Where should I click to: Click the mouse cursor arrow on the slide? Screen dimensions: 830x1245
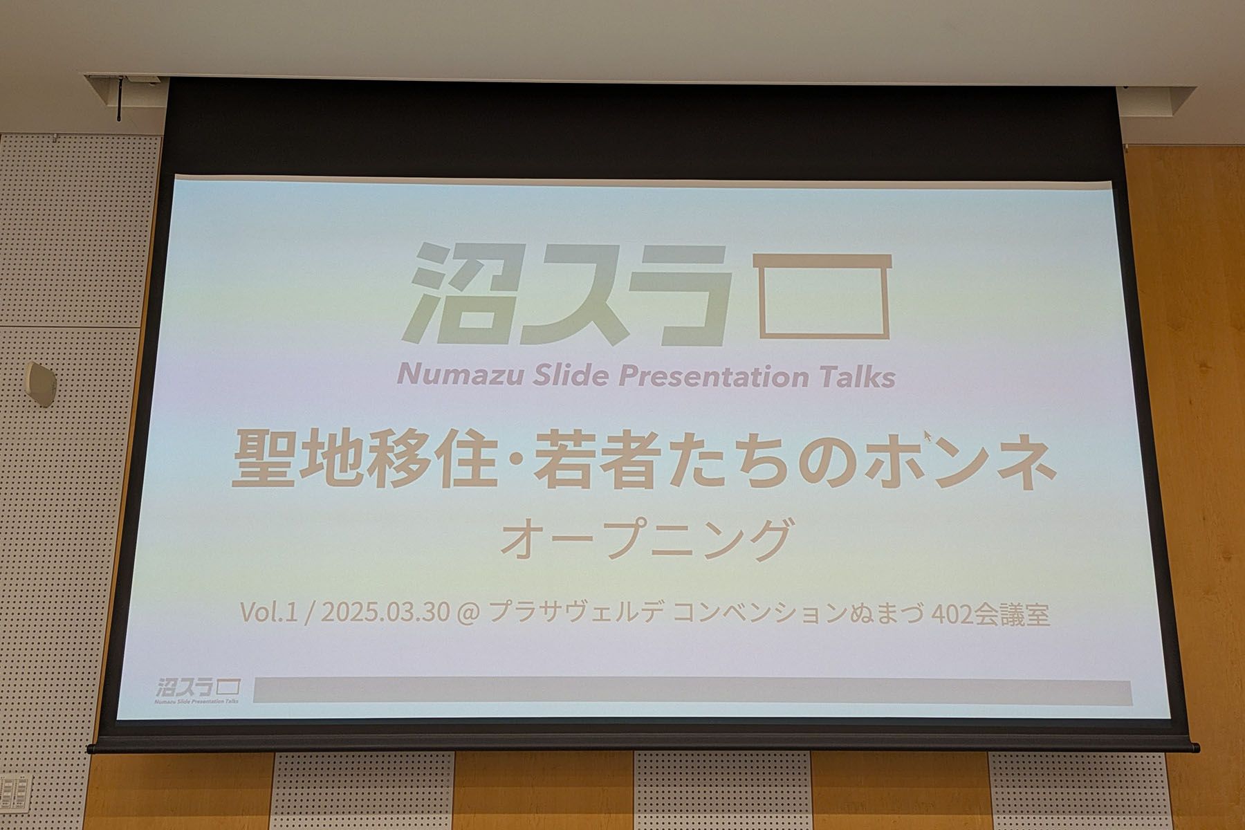[928, 436]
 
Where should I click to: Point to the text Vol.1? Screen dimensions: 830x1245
[268, 613]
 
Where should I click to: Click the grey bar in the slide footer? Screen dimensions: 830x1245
[692, 692]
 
